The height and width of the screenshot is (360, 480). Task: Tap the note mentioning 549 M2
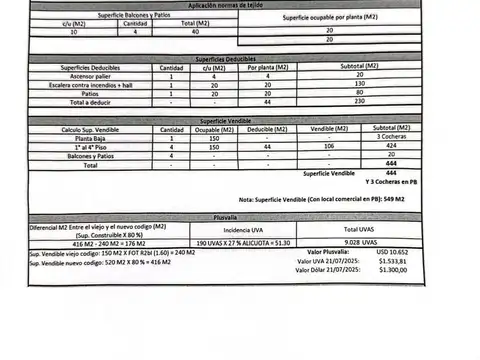click(x=329, y=199)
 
